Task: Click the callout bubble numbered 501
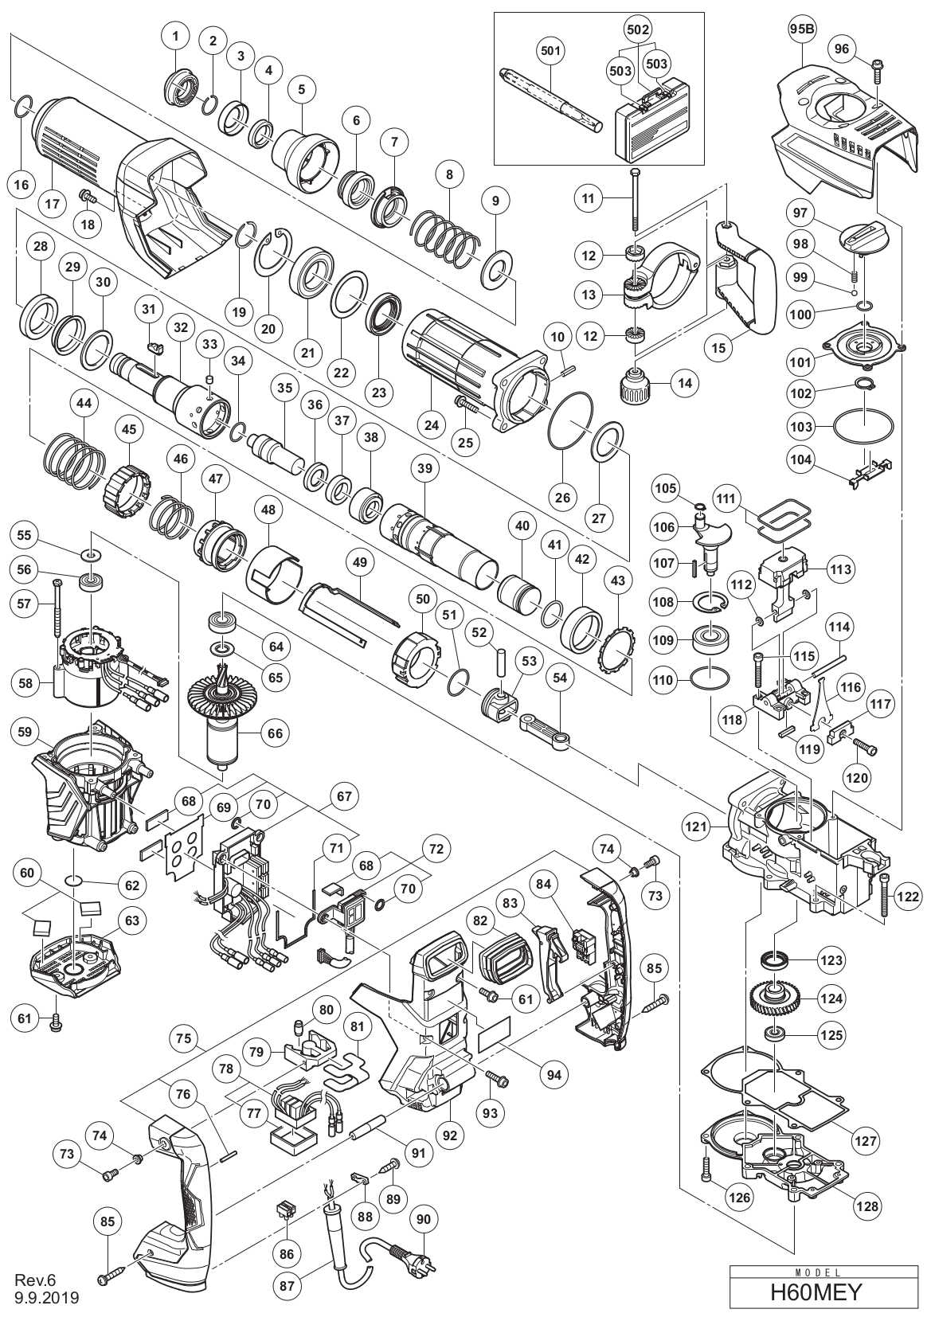(550, 51)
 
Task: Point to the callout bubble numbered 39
(424, 469)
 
